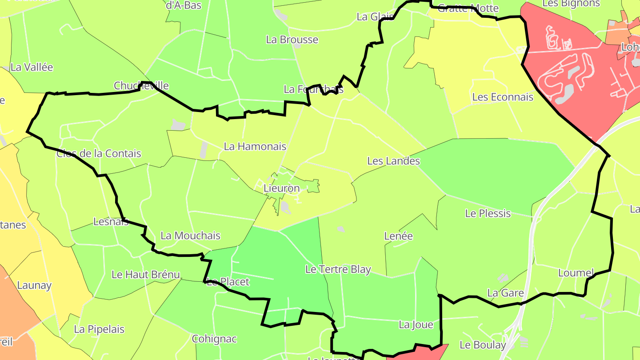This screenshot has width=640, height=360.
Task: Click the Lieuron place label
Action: tap(281, 188)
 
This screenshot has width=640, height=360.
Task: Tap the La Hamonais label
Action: tap(255, 146)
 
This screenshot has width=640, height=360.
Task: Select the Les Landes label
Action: tap(393, 161)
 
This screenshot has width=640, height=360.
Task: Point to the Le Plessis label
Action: tap(488, 213)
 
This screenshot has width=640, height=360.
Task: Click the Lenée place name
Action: tap(398, 236)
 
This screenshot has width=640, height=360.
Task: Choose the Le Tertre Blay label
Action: tap(338, 269)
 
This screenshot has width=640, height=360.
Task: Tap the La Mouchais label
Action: tap(190, 236)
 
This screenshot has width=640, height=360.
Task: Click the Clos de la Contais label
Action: tap(99, 154)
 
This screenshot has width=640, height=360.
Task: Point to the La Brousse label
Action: tap(292, 40)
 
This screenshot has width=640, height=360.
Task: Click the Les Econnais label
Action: tap(503, 97)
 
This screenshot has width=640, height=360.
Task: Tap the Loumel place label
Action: tap(576, 273)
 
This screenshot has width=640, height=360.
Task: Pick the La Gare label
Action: tap(505, 293)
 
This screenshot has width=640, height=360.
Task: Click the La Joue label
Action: tap(416, 325)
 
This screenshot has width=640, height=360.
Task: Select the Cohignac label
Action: tap(214, 339)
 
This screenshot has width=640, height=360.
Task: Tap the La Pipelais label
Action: tap(99, 329)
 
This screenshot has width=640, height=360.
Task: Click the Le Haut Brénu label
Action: tap(145, 275)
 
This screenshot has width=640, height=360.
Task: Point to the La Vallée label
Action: tap(32, 68)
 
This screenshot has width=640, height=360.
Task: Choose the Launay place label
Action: tap(34, 285)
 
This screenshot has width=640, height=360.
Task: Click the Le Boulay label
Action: tap(483, 345)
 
